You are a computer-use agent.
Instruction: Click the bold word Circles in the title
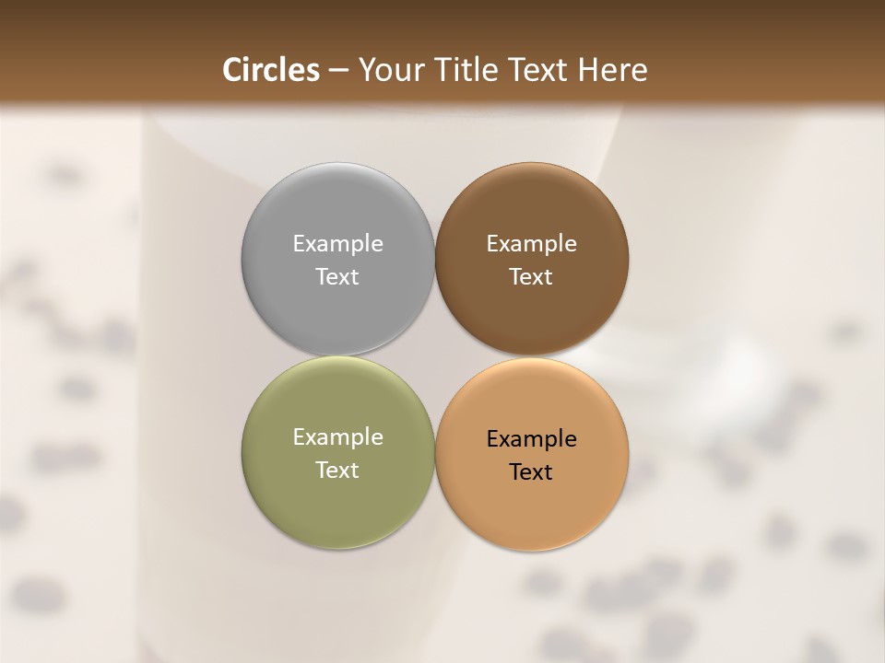point(271,70)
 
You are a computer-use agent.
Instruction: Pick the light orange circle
point(531,502)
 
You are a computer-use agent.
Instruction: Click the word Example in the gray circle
point(337,244)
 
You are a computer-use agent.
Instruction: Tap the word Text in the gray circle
point(337,276)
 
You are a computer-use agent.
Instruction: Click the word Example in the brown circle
point(531,244)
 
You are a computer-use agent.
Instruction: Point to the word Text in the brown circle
point(531,276)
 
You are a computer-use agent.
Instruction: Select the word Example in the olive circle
point(337,437)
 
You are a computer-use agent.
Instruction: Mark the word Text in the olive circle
point(337,470)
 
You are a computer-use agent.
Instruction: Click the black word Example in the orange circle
point(531,439)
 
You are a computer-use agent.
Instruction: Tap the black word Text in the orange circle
point(531,471)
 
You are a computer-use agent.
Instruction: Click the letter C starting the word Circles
point(232,70)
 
